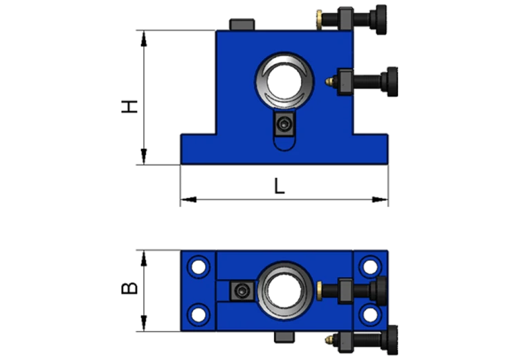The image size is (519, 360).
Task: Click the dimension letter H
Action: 129,107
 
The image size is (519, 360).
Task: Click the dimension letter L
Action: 280,186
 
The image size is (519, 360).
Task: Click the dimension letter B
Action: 129,288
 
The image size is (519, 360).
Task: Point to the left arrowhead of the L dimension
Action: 188,199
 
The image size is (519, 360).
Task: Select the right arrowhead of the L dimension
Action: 380,199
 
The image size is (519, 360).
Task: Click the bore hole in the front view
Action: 284,82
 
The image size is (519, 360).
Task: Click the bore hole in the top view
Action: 284,291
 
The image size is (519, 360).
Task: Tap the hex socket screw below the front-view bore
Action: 284,125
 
